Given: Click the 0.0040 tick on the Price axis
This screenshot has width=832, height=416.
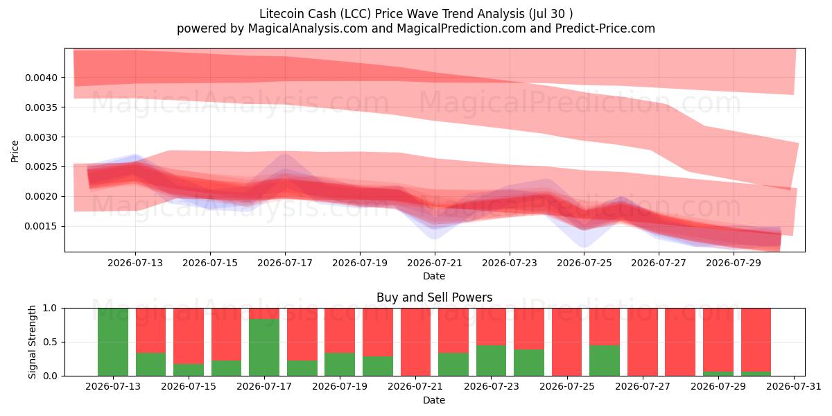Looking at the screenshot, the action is click(x=41, y=78).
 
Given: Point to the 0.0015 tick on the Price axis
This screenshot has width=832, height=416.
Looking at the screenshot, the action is click(x=41, y=227).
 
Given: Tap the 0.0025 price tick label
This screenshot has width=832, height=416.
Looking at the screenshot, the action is click(x=41, y=167).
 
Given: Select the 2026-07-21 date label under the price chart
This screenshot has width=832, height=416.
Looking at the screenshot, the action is click(x=435, y=263).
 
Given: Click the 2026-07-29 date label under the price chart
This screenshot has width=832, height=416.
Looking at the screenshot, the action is click(x=734, y=263).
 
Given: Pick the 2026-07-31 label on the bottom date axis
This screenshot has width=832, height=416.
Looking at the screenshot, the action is click(x=794, y=387).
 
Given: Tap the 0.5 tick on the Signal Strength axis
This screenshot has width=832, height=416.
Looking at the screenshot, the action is click(x=50, y=342).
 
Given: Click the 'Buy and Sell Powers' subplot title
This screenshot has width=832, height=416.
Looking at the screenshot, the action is click(x=435, y=297).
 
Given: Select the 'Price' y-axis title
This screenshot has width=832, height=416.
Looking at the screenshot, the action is click(x=15, y=152).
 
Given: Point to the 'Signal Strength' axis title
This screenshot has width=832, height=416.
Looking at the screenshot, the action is click(x=33, y=342).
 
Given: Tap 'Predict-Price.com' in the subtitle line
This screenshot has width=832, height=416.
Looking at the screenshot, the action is click(x=605, y=28).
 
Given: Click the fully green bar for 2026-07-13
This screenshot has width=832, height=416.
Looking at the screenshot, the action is click(x=113, y=342).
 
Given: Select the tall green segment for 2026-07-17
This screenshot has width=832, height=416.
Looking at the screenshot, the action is click(x=264, y=347).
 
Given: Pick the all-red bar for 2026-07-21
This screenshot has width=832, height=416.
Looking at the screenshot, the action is click(x=415, y=342).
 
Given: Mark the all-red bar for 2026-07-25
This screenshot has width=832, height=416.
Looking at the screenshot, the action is click(x=567, y=342).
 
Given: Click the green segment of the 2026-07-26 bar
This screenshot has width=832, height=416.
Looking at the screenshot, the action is click(x=605, y=361).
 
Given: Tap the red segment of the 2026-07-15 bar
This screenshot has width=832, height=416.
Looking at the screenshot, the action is click(x=189, y=336).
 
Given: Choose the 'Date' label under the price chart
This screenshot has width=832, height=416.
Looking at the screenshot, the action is click(x=434, y=277).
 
